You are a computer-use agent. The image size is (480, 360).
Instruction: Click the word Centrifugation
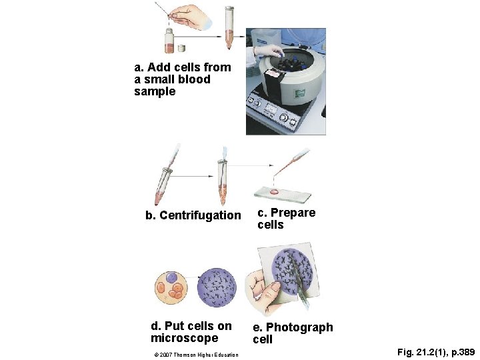click(x=200, y=215)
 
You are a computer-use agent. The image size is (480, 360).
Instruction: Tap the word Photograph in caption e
click(x=299, y=327)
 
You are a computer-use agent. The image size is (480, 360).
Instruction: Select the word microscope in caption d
click(x=184, y=338)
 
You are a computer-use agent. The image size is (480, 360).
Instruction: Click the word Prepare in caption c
click(x=293, y=213)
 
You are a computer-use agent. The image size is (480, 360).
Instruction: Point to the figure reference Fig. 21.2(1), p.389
click(x=436, y=352)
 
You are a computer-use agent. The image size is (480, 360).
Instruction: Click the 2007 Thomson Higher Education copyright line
click(x=196, y=355)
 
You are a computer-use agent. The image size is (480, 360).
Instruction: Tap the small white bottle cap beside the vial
click(x=182, y=48)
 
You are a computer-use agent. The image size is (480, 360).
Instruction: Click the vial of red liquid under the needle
click(x=169, y=41)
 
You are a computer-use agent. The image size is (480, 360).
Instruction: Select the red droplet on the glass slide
click(x=274, y=192)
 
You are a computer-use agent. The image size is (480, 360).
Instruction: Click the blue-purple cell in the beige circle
click(x=171, y=277)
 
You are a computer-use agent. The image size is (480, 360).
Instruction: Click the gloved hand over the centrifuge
click(x=269, y=50)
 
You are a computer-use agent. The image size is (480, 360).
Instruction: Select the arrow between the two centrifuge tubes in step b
click(x=191, y=176)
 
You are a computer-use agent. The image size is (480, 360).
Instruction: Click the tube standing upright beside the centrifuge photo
click(x=229, y=27)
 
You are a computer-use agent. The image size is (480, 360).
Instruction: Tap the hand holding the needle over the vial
click(x=191, y=17)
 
